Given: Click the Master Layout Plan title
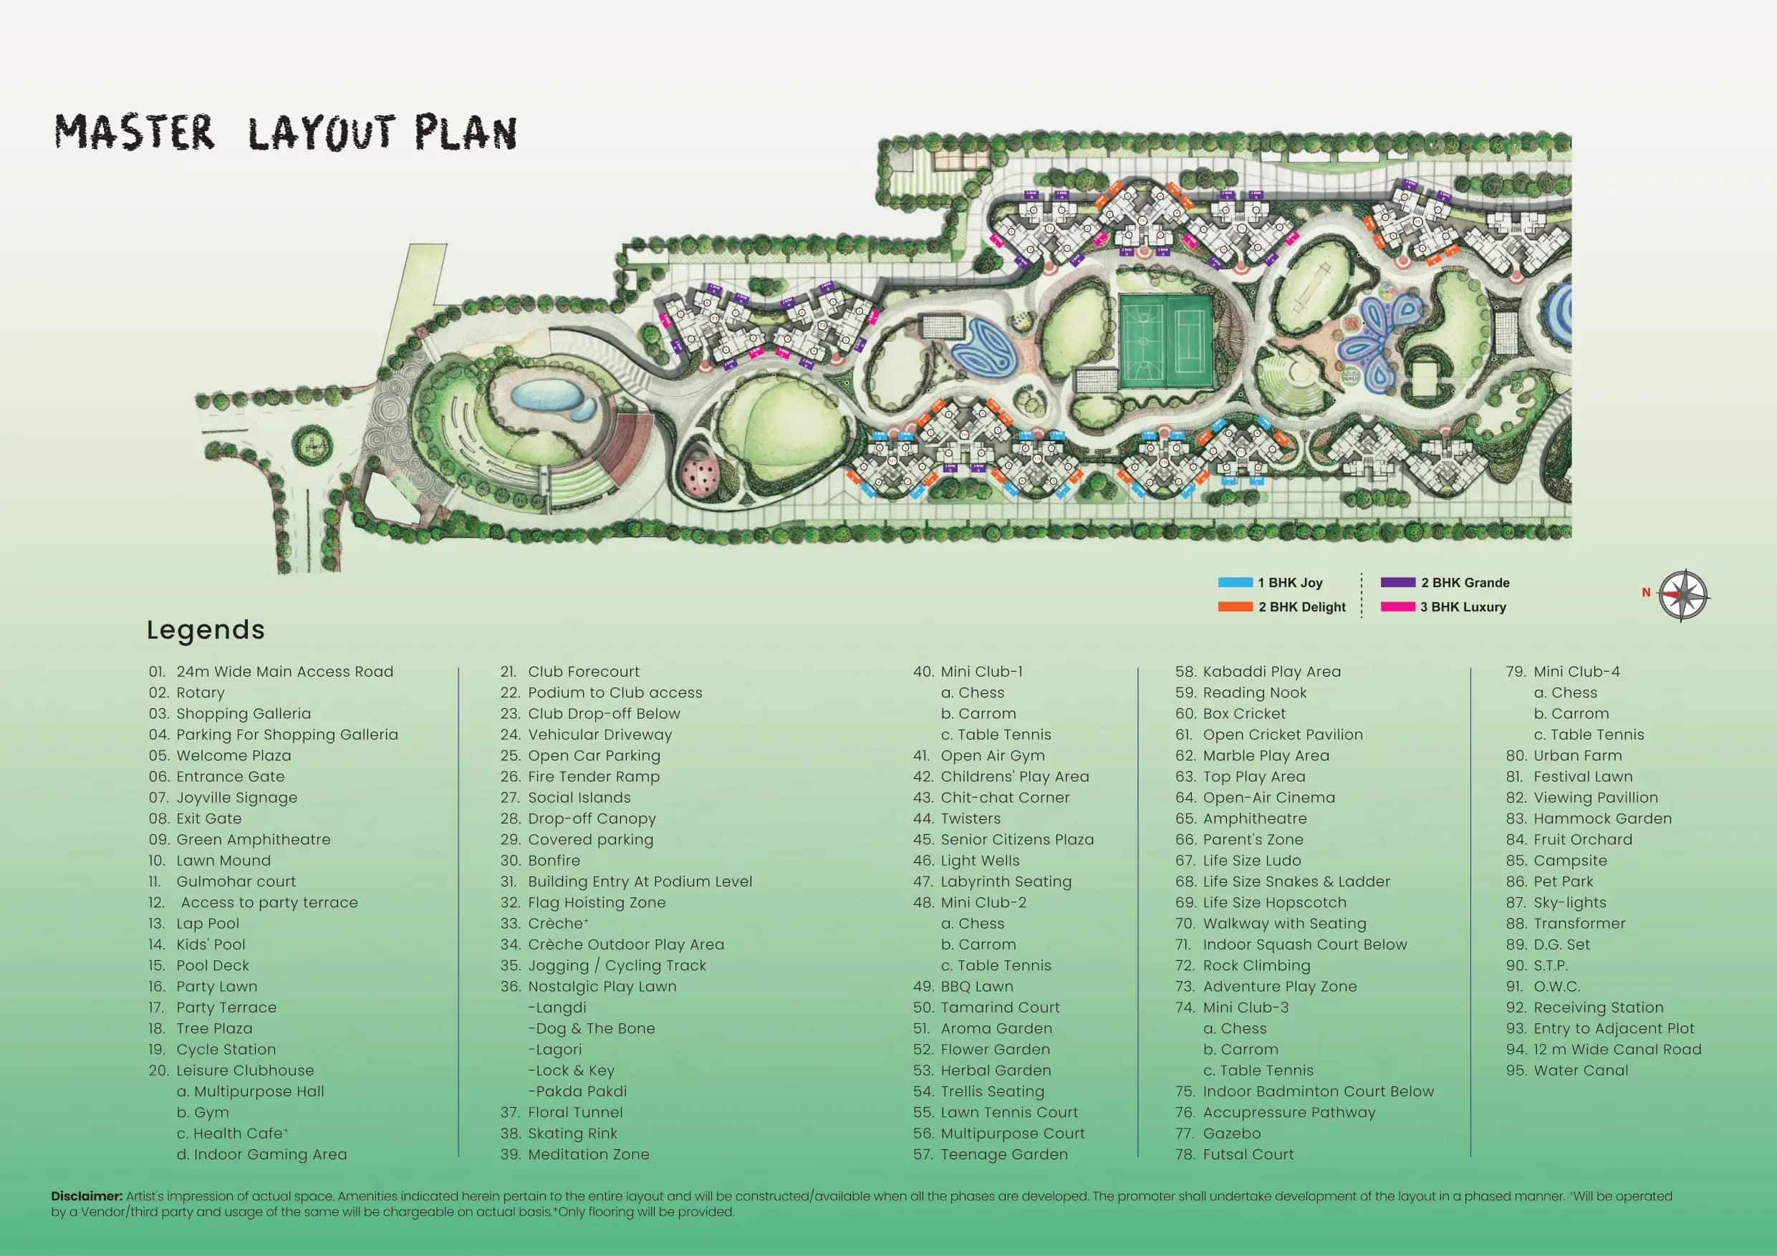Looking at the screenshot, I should pyautogui.click(x=285, y=133).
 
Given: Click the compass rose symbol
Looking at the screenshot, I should pyautogui.click(x=1683, y=596).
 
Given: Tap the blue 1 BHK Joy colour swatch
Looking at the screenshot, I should pyautogui.click(x=1235, y=583).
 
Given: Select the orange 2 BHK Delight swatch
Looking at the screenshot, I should pyautogui.click(x=1235, y=607).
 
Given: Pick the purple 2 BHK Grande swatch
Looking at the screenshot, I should pyautogui.click(x=1398, y=583).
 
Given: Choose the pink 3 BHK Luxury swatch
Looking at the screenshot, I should pyautogui.click(x=1398, y=607).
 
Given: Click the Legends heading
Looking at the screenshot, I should pyautogui.click(x=206, y=630).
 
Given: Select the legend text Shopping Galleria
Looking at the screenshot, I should pyautogui.click(x=243, y=713).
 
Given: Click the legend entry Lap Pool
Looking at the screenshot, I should pyautogui.click(x=208, y=923).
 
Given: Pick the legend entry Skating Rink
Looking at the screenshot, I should pyautogui.click(x=572, y=1133).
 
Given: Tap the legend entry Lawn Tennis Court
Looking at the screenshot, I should pyautogui.click(x=1008, y=1112).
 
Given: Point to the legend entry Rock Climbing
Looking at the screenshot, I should pyautogui.click(x=1256, y=965).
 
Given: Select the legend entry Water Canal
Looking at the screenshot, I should pyautogui.click(x=1581, y=1071).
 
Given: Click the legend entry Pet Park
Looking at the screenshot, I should pyautogui.click(x=1563, y=881).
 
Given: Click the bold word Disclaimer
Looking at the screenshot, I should pyautogui.click(x=87, y=1196).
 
